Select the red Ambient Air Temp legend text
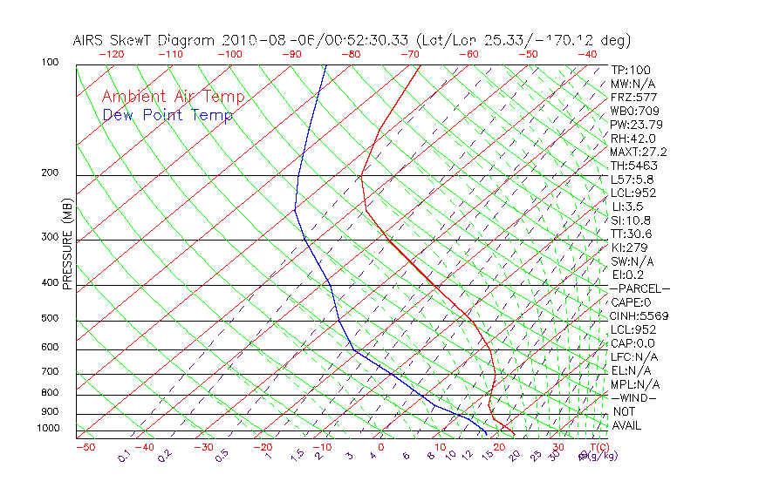tap(174, 98)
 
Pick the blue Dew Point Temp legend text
tap(168, 116)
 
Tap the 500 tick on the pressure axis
tap(50, 319)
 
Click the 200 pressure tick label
tap(50, 173)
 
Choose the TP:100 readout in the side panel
tap(631, 71)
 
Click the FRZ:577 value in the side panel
tap(633, 98)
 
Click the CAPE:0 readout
tap(631, 302)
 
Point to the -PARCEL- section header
tap(640, 288)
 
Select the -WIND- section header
tap(634, 398)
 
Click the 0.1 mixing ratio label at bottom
tap(124, 457)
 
